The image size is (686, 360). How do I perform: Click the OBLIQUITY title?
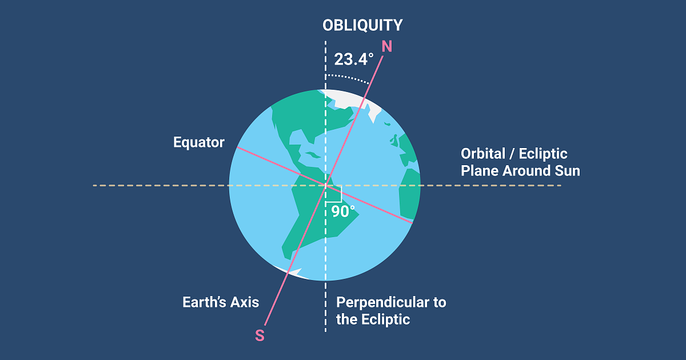[x=362, y=25]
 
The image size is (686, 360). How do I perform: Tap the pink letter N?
[x=387, y=46]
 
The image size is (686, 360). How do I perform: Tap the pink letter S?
[x=260, y=335]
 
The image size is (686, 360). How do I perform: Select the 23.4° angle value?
[x=354, y=59]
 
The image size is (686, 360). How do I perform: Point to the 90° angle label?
[x=343, y=211]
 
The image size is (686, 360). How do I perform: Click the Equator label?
[x=199, y=142]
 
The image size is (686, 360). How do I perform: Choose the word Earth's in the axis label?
[x=204, y=302]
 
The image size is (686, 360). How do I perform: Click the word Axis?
[x=245, y=302]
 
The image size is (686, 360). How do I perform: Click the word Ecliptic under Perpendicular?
[x=385, y=319]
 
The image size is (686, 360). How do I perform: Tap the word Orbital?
[x=483, y=154]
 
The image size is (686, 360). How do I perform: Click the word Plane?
[x=480, y=171]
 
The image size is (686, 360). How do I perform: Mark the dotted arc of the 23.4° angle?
[x=348, y=77]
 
